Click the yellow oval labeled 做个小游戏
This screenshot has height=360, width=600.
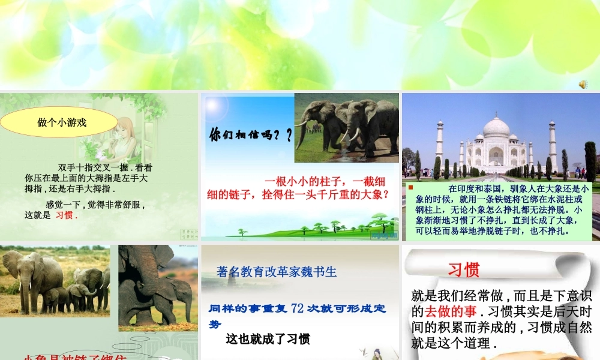point(62,123)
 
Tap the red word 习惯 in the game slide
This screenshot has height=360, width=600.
point(65,215)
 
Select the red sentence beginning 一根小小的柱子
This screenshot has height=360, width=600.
point(298,188)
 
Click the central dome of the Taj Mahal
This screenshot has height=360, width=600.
point(496,128)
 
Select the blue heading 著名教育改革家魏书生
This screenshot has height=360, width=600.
point(277,272)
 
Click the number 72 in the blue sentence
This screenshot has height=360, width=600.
point(297,309)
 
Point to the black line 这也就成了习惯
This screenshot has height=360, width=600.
point(268,339)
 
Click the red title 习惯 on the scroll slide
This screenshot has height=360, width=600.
point(463,270)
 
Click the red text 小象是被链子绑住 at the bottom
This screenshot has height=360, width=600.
point(75,358)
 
